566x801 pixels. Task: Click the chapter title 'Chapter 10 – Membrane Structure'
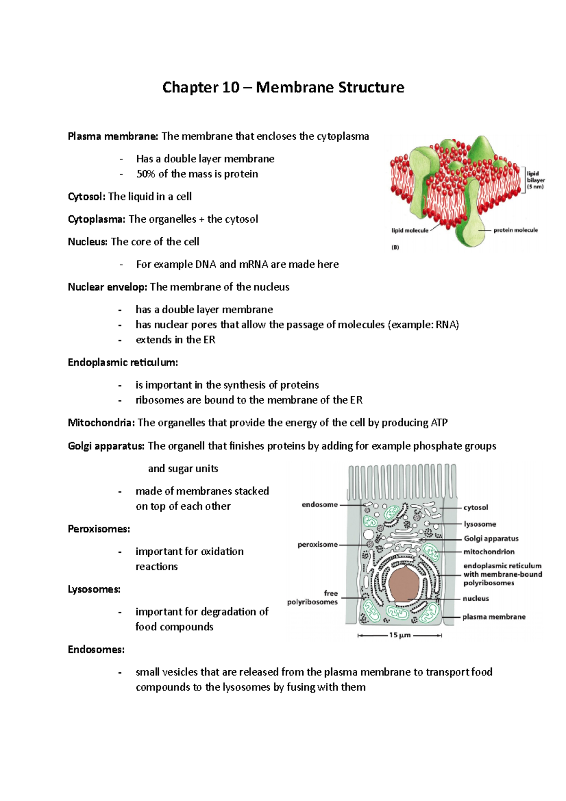click(283, 88)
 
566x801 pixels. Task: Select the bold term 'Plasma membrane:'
click(113, 136)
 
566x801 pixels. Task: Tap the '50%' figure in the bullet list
click(145, 174)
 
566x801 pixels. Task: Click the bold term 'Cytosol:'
click(86, 197)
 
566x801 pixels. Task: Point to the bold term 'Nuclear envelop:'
click(108, 287)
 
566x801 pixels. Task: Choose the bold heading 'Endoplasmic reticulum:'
click(123, 363)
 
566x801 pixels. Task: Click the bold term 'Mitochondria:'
click(101, 423)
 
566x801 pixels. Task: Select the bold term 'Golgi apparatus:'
click(106, 446)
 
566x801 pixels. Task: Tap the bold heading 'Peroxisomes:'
click(99, 529)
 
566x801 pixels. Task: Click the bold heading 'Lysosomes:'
click(94, 590)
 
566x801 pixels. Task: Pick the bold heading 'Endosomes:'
click(96, 650)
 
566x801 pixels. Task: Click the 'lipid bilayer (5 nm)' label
click(535, 180)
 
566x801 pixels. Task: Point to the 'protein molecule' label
click(516, 230)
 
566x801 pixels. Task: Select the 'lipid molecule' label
click(410, 231)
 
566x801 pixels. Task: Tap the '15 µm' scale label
click(400, 635)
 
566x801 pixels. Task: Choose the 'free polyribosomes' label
click(313, 598)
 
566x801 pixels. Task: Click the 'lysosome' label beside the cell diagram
click(480, 524)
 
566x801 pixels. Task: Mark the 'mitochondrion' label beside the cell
click(489, 551)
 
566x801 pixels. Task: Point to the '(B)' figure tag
click(395, 247)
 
